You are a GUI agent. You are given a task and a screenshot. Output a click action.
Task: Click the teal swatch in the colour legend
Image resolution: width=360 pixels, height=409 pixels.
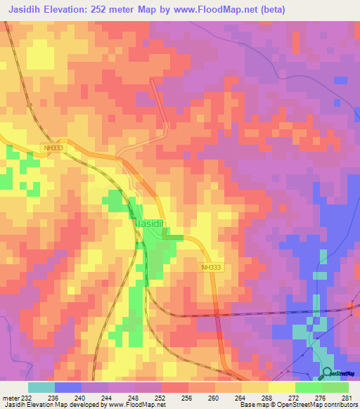[41, 387]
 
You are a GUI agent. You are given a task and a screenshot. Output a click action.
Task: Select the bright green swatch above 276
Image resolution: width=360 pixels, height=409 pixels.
[309, 387]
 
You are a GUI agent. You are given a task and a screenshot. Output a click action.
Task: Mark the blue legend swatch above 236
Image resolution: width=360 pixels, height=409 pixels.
[68, 387]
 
